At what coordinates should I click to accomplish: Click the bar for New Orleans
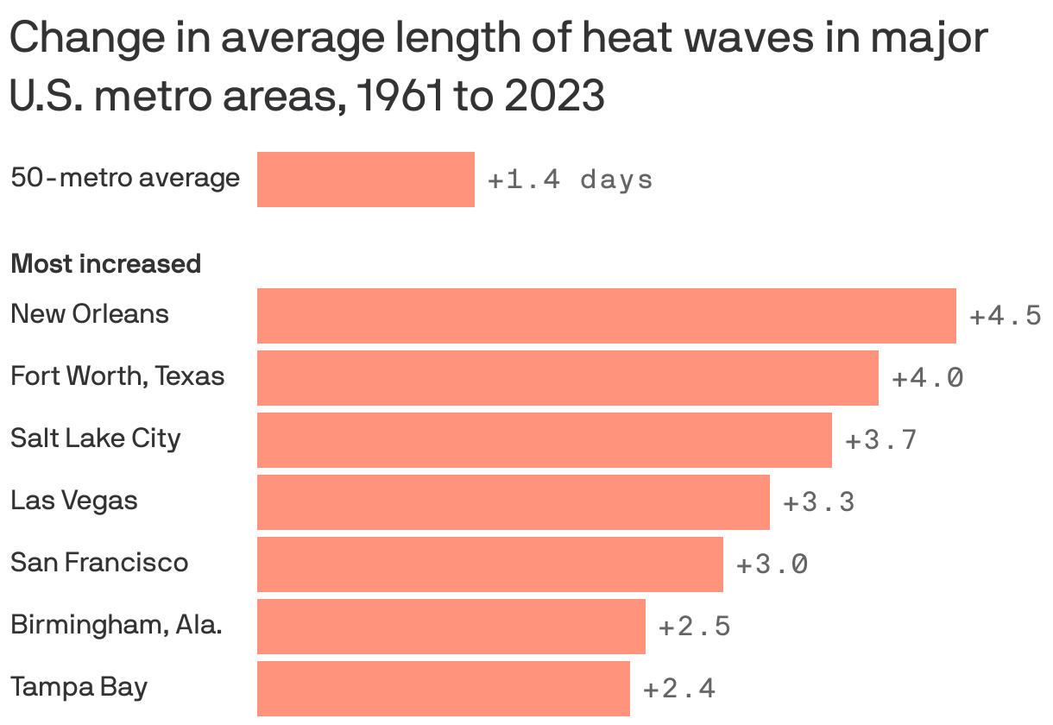click(606, 316)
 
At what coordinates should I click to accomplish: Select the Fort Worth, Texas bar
click(567, 378)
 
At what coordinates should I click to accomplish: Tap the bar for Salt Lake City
click(544, 440)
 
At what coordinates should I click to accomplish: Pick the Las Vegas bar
click(513, 502)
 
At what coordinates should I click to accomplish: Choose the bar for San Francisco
click(489, 564)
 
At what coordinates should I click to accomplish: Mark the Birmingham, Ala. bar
click(451, 627)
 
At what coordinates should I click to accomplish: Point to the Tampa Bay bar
click(443, 689)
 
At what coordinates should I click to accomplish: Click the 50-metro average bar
click(365, 180)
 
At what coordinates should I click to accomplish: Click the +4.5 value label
click(1006, 316)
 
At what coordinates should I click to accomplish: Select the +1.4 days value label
click(570, 180)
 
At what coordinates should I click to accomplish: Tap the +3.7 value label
click(880, 440)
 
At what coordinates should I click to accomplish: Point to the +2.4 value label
click(678, 689)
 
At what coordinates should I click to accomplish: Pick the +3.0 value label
click(772, 564)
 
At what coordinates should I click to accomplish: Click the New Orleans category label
click(90, 313)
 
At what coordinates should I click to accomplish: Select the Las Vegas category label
click(74, 500)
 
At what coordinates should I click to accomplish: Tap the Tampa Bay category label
click(79, 687)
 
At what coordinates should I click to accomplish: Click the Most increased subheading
click(105, 263)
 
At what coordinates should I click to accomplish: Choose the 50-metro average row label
click(125, 178)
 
